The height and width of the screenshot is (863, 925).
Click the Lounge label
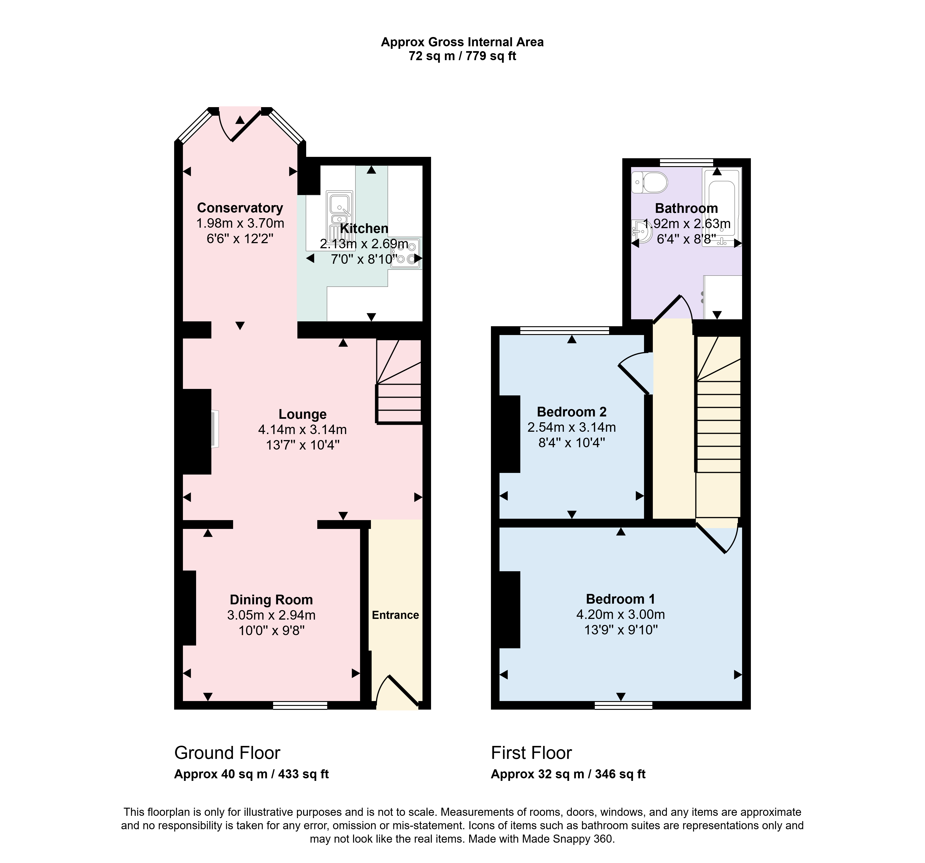coord(302,414)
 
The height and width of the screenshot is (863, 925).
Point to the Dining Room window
coord(300,706)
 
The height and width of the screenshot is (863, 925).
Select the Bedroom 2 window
coord(564,330)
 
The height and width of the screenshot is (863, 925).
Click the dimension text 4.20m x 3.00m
coord(621,615)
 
